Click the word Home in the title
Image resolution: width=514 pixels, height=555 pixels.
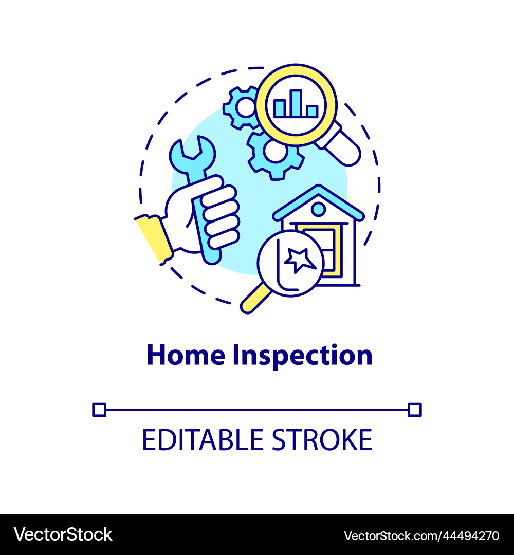pyautogui.click(x=186, y=355)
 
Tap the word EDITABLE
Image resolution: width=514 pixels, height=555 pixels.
pyautogui.click(x=197, y=440)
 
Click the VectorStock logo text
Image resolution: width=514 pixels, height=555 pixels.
pyautogui.click(x=63, y=534)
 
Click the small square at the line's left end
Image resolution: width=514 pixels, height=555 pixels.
pyautogui.click(x=99, y=410)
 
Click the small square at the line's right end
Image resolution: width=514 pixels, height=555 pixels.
pyautogui.click(x=414, y=410)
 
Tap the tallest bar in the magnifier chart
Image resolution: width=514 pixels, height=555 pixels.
pyautogui.click(x=296, y=103)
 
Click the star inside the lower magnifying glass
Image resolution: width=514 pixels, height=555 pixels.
pyautogui.click(x=300, y=260)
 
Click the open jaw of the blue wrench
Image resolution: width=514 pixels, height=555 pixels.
pyautogui.click(x=192, y=149)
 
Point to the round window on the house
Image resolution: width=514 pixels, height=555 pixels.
pyautogui.click(x=318, y=209)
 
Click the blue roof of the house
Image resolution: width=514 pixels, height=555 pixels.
pyautogui.click(x=318, y=197)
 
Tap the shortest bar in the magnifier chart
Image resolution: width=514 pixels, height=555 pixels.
pyautogui.click(x=312, y=110)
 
